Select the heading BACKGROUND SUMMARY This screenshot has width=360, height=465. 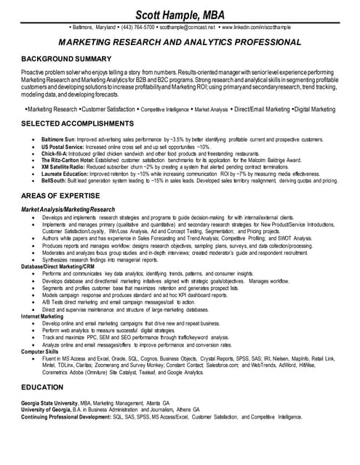pos(66,57)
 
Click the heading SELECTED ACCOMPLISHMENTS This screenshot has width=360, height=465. pos(76,124)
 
